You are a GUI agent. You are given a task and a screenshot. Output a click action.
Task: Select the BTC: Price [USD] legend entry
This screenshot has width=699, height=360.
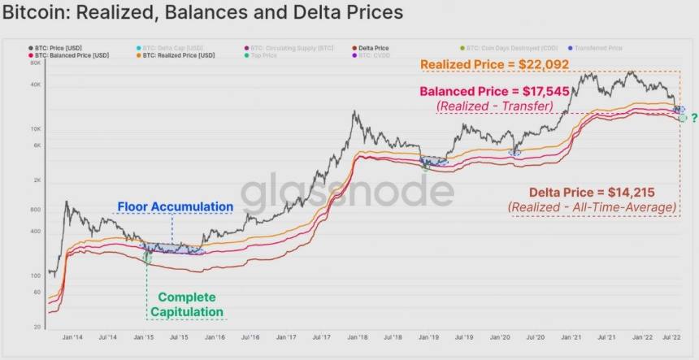click(x=57, y=48)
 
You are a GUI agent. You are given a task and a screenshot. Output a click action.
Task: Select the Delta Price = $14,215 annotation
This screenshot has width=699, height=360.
click(x=591, y=193)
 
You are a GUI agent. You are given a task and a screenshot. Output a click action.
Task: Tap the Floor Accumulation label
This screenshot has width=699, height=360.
click(x=175, y=207)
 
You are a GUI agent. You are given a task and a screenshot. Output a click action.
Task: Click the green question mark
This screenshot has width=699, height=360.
click(x=694, y=117)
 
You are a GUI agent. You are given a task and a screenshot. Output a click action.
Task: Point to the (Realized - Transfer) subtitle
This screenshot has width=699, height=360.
click(x=494, y=106)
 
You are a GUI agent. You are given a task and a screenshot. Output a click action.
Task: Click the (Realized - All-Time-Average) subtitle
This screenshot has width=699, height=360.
click(x=593, y=207)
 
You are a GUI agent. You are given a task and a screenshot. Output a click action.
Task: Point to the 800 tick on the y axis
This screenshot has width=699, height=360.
click(x=37, y=210)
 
